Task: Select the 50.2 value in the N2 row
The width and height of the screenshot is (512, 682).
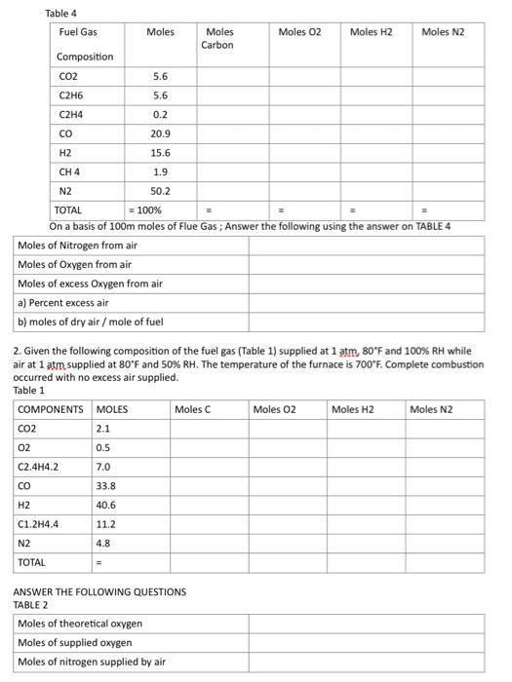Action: (161, 191)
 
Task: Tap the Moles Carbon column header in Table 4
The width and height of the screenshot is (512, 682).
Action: (219, 39)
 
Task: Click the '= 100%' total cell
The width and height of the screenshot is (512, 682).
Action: (146, 209)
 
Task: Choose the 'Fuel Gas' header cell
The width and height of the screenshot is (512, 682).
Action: (78, 33)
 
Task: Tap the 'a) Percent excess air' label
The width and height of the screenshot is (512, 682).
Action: (62, 303)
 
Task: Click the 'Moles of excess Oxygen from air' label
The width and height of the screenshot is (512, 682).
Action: (90, 284)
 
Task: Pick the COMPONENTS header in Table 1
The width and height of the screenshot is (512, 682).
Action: (51, 409)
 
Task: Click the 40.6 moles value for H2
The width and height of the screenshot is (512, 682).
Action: (106, 505)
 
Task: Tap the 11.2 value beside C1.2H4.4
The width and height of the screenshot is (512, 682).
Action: (106, 524)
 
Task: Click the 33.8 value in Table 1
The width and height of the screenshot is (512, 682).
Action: (106, 485)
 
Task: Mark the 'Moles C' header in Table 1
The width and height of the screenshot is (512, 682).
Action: (192, 409)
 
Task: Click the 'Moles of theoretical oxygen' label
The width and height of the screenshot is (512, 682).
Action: (80, 624)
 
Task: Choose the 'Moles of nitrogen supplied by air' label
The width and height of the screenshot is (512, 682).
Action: (92, 663)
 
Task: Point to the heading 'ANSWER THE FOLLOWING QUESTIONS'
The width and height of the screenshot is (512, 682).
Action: (99, 591)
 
